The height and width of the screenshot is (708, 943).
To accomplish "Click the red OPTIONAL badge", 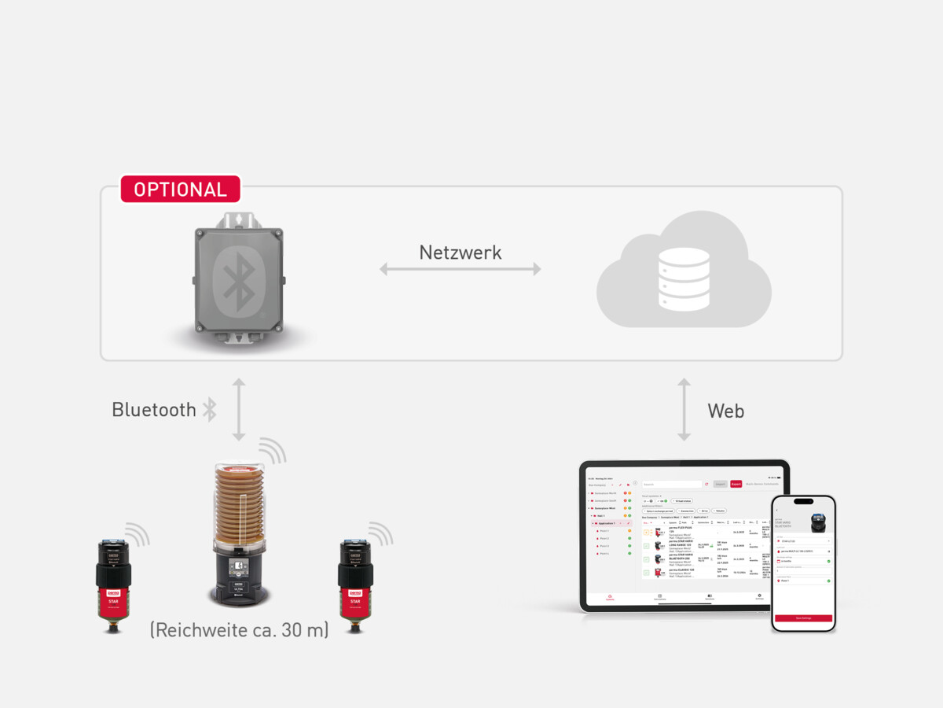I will point(180,190).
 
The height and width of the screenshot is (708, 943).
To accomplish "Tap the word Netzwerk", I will point(460,253).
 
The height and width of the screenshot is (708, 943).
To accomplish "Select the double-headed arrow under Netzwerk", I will point(460,269).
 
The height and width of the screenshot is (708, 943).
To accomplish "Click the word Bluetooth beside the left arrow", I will point(154,410).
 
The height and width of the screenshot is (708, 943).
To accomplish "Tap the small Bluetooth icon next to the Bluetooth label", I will point(209,409).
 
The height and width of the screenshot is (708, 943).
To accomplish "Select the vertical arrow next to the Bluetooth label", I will point(239,409).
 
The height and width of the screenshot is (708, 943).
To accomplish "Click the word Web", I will point(725,411).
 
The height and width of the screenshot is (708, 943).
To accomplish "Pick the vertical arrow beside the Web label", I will point(684,409).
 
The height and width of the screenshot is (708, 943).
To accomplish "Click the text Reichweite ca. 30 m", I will point(239,629).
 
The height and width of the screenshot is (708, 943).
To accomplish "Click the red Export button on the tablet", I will point(736,484).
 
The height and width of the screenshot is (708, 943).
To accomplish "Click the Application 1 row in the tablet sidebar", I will point(606,523).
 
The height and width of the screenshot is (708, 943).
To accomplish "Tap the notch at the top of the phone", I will point(802,502).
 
